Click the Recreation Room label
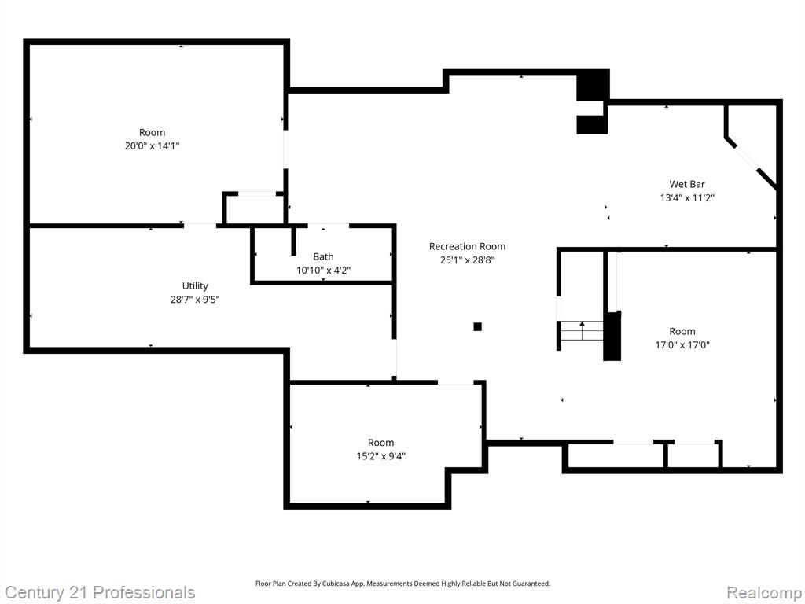click(x=467, y=246)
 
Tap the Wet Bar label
click(x=687, y=184)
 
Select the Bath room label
click(x=323, y=257)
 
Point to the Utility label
click(x=195, y=286)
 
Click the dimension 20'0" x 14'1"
click(x=152, y=145)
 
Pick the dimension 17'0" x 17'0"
click(x=682, y=345)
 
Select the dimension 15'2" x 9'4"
click(x=381, y=456)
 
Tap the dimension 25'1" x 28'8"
click(x=467, y=260)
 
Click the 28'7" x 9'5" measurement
click(x=195, y=300)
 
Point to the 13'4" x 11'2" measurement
click(x=687, y=197)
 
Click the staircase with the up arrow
click(x=582, y=331)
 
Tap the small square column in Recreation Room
click(x=477, y=326)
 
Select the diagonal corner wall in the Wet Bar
click(x=751, y=162)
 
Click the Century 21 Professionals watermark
click(x=100, y=592)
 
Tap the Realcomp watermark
click(x=763, y=592)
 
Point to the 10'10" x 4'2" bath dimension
click(x=323, y=271)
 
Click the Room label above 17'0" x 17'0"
click(x=682, y=332)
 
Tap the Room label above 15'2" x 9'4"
click(x=381, y=443)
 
